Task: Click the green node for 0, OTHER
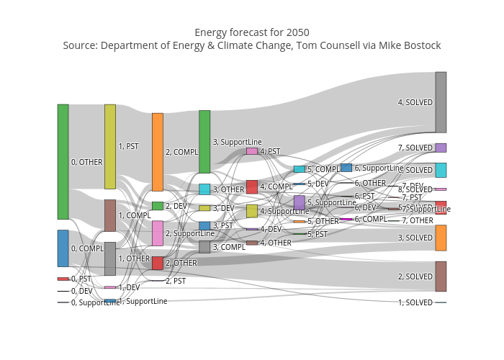(x=63, y=161)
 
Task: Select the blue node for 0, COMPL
(x=63, y=248)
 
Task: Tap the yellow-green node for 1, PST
(x=110, y=146)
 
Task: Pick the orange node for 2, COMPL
(x=157, y=152)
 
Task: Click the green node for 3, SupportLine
(x=204, y=141)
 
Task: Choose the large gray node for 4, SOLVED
(x=441, y=102)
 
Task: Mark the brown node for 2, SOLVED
(x=441, y=276)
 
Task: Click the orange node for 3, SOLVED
(x=441, y=238)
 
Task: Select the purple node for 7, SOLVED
(x=441, y=148)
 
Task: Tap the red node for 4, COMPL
(x=252, y=186)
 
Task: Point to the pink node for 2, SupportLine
(x=157, y=233)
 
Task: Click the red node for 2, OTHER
(x=157, y=263)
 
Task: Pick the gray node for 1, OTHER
(x=110, y=258)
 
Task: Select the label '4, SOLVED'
(x=415, y=102)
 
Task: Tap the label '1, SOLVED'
(x=415, y=302)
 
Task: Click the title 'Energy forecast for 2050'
(x=252, y=32)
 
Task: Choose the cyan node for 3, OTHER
(x=204, y=189)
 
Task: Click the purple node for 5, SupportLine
(x=299, y=202)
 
